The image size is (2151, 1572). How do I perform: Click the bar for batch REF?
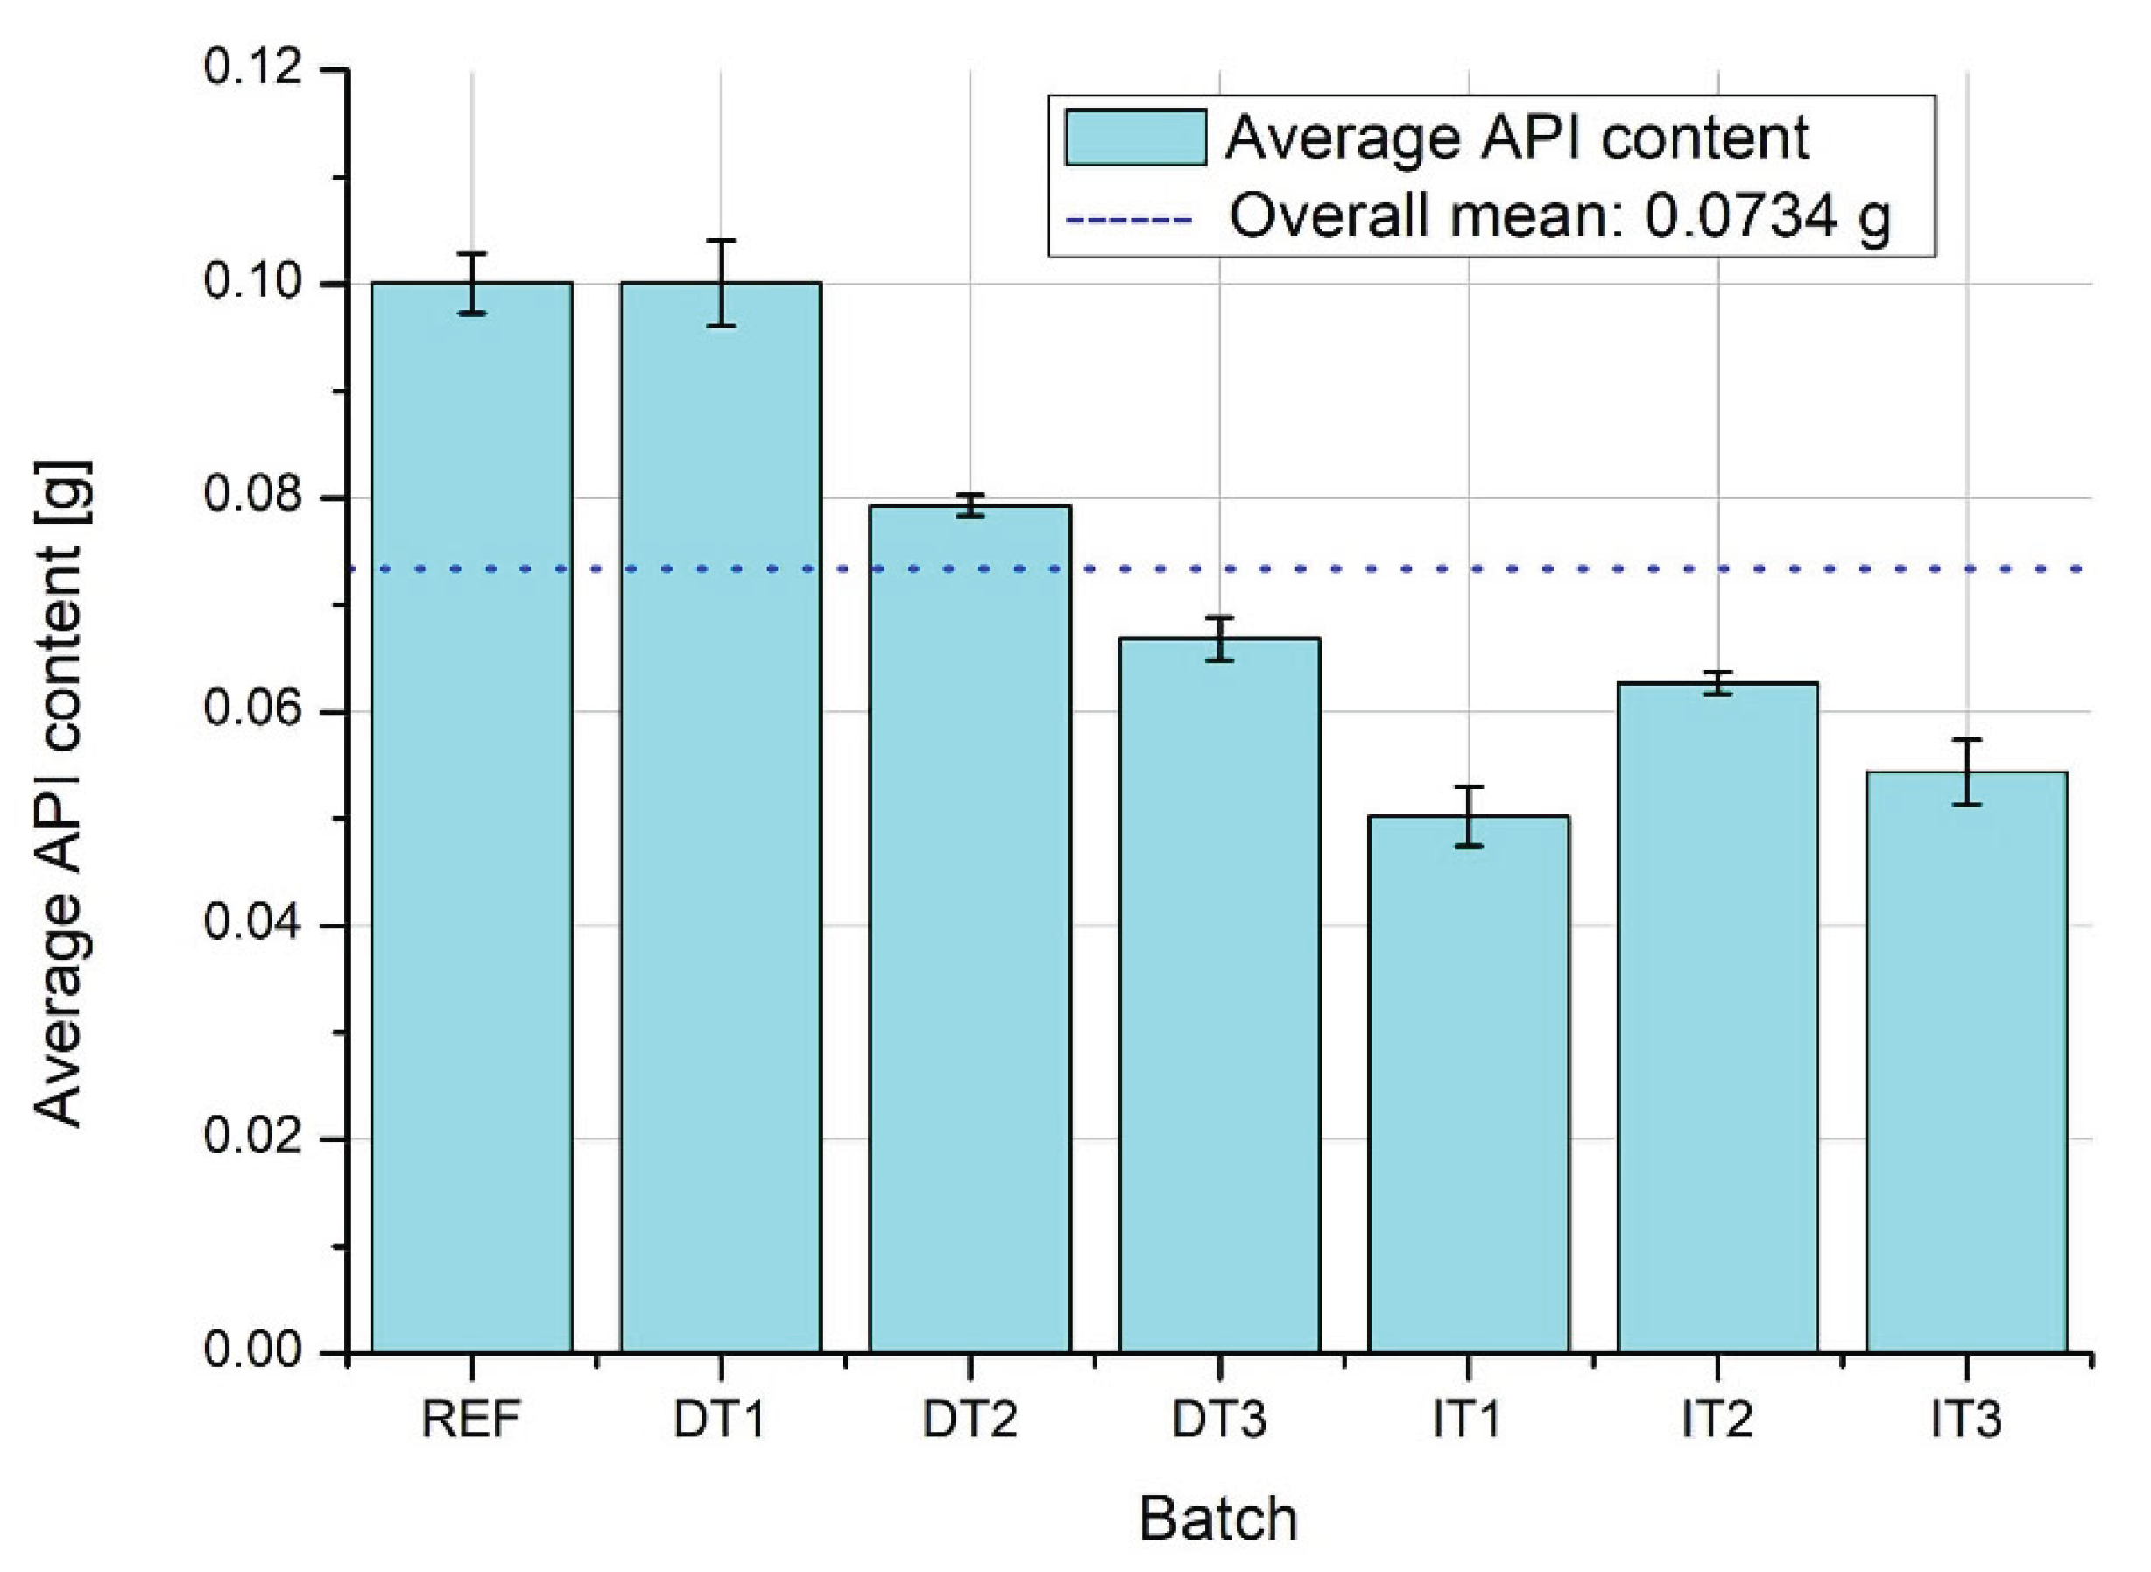(x=472, y=818)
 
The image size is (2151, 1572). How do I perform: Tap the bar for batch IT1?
(x=1468, y=1084)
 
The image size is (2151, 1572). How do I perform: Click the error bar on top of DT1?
(x=721, y=283)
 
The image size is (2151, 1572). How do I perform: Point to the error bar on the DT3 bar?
(x=1220, y=638)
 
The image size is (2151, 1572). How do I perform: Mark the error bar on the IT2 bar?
(x=1717, y=683)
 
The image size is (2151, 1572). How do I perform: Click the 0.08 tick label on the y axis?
(x=252, y=495)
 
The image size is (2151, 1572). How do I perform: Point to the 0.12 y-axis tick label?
(x=252, y=68)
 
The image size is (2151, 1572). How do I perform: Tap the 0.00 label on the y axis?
(x=252, y=1350)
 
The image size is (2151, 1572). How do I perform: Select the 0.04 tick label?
(x=252, y=922)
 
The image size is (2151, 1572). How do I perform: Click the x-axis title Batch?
(x=1217, y=1519)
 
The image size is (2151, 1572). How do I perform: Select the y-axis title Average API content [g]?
(x=61, y=794)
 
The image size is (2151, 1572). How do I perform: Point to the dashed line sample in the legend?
(x=1128, y=220)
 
